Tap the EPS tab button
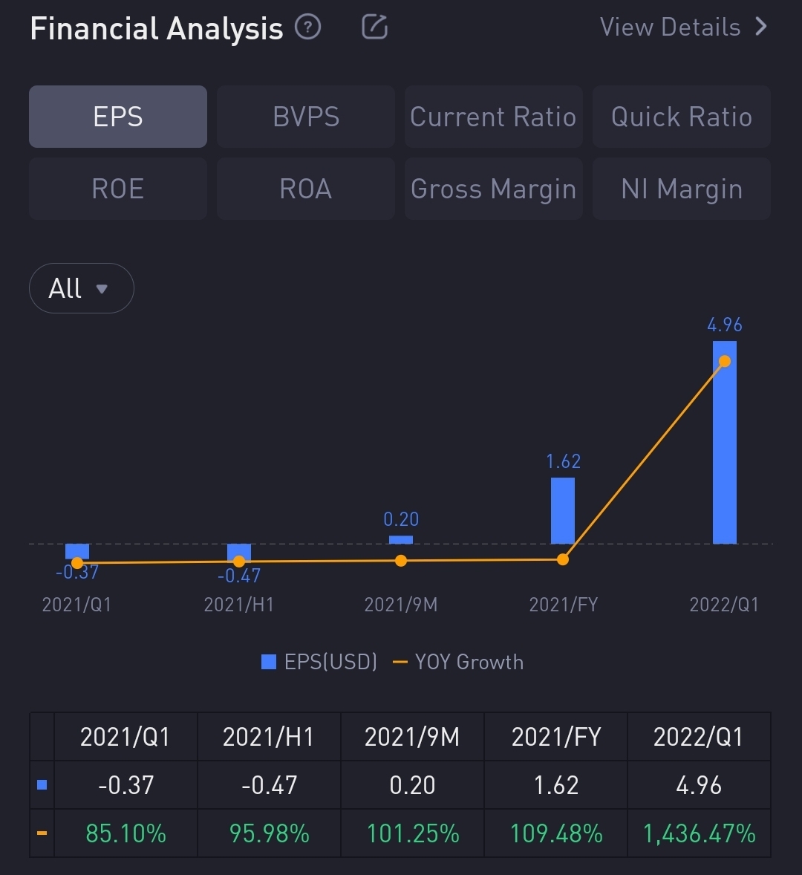118,117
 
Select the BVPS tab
306,117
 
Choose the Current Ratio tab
493,117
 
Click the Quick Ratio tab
681,117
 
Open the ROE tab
118,189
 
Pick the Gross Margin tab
493,189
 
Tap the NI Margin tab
681,189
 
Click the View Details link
683,27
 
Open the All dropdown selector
81,288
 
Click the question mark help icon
307,27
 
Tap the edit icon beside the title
374,27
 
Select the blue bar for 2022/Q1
725,446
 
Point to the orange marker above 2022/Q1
725,361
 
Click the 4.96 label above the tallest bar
725,325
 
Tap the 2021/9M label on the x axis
401,605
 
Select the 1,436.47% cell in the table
699,833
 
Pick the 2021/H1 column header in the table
269,737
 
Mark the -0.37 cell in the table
125,785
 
